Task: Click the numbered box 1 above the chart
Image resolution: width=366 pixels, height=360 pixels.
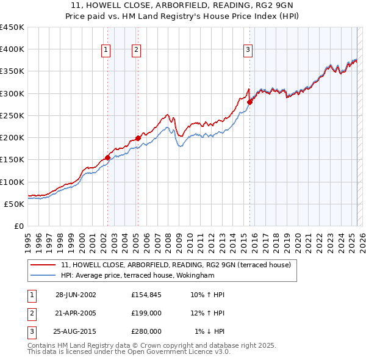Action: [x=107, y=50]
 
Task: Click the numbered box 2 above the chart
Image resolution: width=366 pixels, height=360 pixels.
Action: [x=136, y=50]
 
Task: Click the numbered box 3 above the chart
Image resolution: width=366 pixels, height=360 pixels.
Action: [x=249, y=50]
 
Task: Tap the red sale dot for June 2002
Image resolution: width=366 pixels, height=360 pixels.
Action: [x=108, y=157]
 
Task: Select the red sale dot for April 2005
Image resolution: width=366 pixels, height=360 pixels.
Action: [x=138, y=139]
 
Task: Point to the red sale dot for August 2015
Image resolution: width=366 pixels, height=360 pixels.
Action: [x=249, y=103]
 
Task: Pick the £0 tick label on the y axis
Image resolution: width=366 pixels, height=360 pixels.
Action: [x=18, y=226]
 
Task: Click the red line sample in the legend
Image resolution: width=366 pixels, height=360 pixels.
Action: [x=43, y=265]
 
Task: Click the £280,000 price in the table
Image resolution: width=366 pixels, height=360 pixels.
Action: [x=146, y=331]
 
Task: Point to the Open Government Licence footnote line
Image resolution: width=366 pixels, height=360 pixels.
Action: [x=129, y=351]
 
